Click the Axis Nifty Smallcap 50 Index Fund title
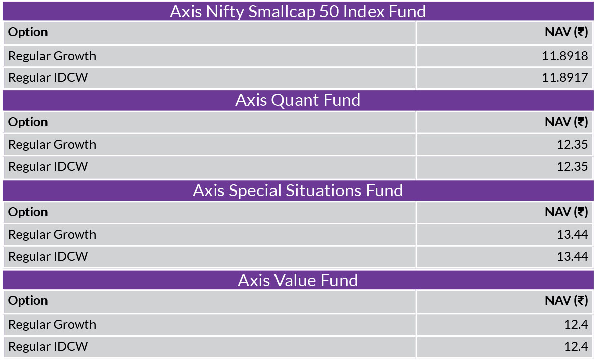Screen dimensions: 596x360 [x=298, y=12]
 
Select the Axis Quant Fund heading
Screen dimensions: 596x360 [x=298, y=100]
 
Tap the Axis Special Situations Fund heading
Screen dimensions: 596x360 [x=298, y=190]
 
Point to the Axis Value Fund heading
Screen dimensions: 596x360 [x=298, y=280]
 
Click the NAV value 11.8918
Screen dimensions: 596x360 [x=565, y=56]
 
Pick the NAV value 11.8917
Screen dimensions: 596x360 [x=565, y=77]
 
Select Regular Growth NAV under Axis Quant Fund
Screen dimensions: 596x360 [x=572, y=145]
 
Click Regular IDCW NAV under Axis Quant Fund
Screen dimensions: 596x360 [x=572, y=166]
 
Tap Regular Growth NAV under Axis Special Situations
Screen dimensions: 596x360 [x=572, y=234]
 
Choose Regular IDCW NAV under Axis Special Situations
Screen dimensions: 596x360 [x=572, y=256]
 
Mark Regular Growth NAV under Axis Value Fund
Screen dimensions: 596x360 [x=576, y=324]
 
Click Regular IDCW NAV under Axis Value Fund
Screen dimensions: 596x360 [x=576, y=346]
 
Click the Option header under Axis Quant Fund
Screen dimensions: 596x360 [x=28, y=122]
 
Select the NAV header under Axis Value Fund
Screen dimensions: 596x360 [x=566, y=301]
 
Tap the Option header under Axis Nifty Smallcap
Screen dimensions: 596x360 [x=28, y=32]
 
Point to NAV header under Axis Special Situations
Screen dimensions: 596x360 [x=566, y=212]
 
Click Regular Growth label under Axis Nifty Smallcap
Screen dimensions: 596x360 [x=52, y=56]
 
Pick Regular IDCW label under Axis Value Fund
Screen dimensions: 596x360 [x=48, y=346]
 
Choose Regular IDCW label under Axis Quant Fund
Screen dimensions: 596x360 [x=48, y=166]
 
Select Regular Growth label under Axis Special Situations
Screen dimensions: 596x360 [x=52, y=234]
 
